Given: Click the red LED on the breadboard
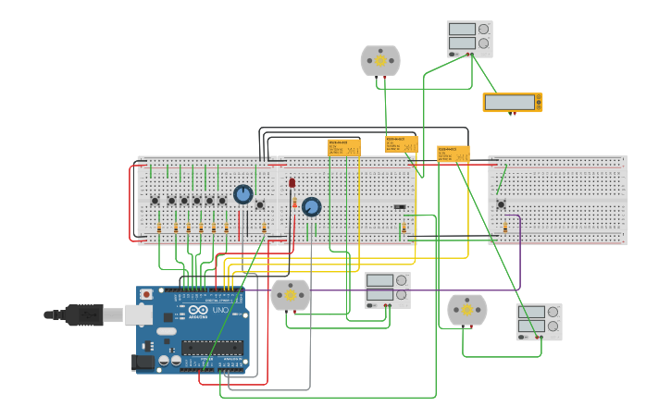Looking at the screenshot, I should pos(292,183).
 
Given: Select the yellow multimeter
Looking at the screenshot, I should pos(512,103).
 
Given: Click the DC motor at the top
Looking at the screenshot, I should pos(380,61).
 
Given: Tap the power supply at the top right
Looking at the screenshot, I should pos(469,38).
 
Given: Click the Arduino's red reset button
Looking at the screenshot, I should pos(146,294).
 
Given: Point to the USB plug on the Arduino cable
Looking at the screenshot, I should pos(84,315).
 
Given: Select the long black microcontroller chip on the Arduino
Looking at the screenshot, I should pos(212,348).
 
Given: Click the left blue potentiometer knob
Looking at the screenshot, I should pos(243,194).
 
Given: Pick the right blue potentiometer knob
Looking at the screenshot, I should pos(311,206).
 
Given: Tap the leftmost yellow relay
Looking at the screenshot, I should pos(343,147).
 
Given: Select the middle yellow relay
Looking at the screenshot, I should pos(402,144).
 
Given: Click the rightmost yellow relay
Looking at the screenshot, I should pos(454,154).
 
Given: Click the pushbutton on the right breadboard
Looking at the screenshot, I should pos(501,204).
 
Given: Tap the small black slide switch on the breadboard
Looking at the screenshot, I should pos(399,207).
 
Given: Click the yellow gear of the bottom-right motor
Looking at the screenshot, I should pos(467,310).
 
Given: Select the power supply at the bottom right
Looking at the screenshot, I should pos(539,321).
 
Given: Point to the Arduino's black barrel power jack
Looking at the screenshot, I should pos(143,362).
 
